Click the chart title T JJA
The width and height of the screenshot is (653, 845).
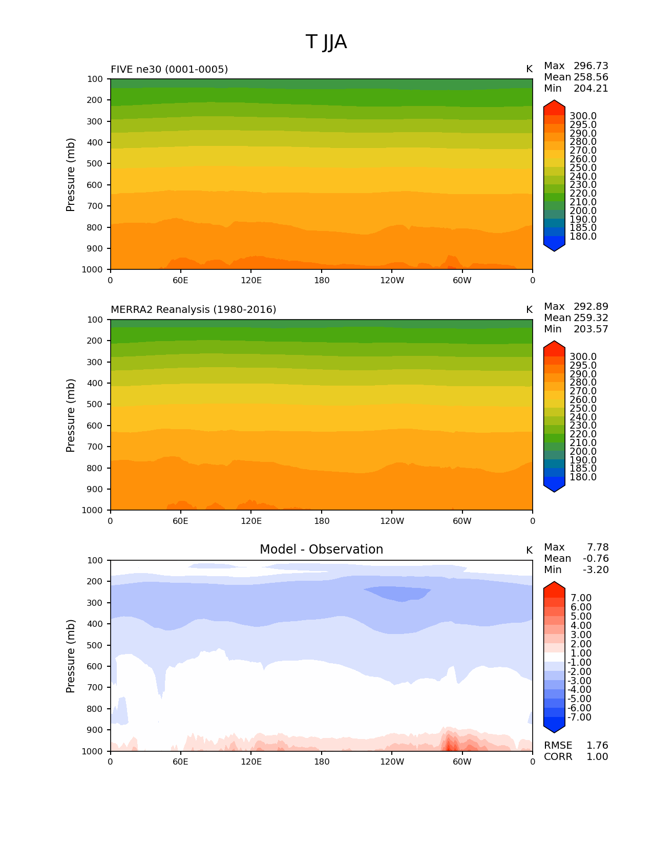coord(326,42)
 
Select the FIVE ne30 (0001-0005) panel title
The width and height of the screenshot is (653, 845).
coord(169,69)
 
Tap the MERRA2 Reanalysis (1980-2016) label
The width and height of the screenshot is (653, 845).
coord(193,310)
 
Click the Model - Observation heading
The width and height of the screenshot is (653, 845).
coord(321,550)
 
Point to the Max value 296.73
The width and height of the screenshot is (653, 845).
coord(591,66)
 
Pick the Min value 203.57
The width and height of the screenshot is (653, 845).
coord(591,329)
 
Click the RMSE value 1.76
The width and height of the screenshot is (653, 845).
coord(597,746)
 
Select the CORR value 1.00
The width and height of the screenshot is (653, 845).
coord(597,757)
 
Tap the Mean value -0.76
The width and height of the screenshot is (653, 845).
coord(596,559)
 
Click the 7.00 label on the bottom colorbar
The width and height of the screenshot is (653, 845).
coord(581,598)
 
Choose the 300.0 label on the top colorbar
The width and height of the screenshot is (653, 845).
coord(583,116)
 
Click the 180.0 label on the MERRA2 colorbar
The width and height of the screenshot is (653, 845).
coord(583,477)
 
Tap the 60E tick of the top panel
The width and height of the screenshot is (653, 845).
coord(180,280)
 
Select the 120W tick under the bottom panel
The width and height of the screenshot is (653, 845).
coord(392,762)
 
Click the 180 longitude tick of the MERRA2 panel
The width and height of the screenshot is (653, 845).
coord(322,521)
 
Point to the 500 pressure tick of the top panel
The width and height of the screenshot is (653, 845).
coord(95,164)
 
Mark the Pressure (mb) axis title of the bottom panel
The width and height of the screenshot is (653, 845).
coord(71,656)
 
